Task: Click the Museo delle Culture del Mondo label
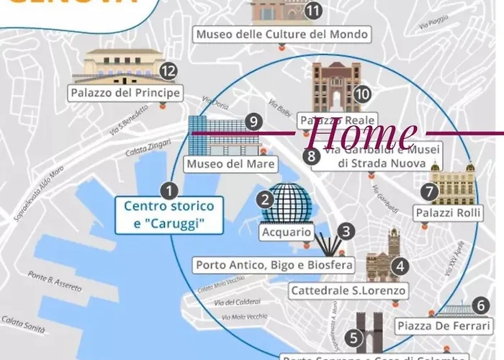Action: click(283, 34)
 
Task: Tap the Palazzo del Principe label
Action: click(125, 93)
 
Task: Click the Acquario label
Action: click(287, 233)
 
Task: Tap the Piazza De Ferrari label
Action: click(442, 325)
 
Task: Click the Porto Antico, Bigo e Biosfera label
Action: click(274, 265)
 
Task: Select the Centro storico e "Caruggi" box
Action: click(169, 215)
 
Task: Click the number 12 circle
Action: click(168, 71)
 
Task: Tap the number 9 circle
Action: click(252, 122)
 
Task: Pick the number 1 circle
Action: click(168, 191)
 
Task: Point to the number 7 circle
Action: click(430, 192)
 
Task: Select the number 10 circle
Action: click(362, 94)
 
